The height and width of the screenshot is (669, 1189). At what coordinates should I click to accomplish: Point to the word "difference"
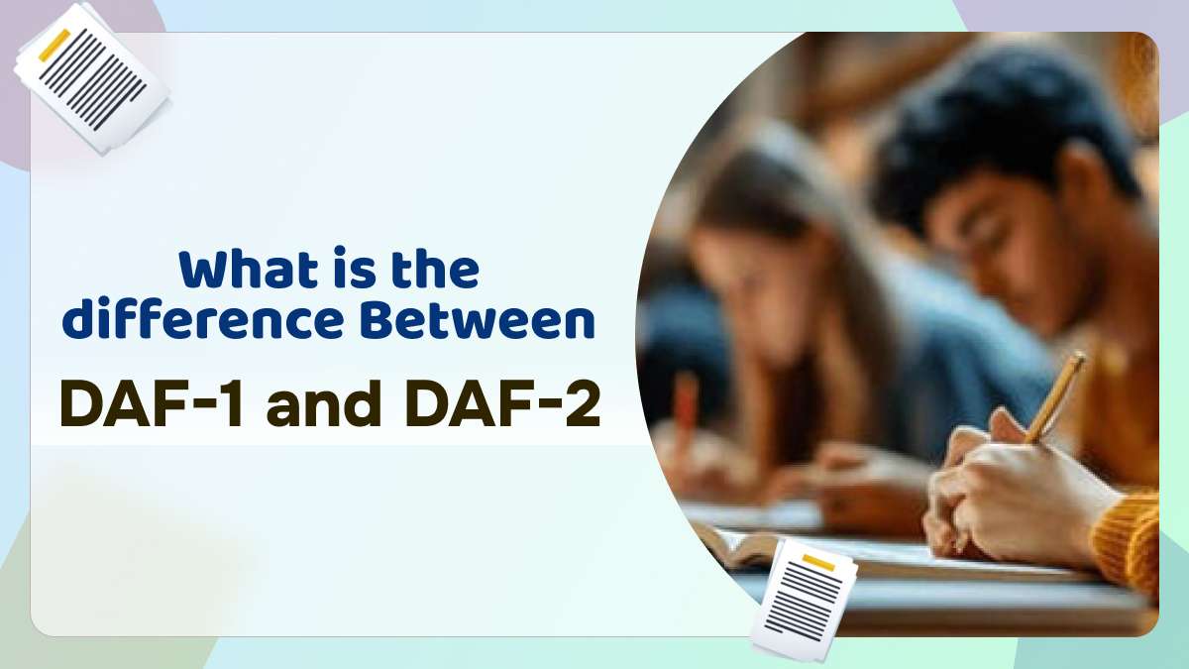[202, 320]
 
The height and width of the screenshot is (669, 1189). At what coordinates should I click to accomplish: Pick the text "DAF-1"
[153, 404]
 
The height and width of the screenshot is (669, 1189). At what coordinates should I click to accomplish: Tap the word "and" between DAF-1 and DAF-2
[323, 404]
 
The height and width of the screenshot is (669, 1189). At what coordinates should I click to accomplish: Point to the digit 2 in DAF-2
[583, 404]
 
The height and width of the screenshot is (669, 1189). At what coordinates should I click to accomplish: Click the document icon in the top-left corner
[91, 78]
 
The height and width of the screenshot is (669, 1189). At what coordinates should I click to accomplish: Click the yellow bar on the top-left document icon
[54, 46]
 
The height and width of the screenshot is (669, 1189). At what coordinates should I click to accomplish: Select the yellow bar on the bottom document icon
[818, 562]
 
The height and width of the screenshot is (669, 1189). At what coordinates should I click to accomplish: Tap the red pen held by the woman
[686, 402]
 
